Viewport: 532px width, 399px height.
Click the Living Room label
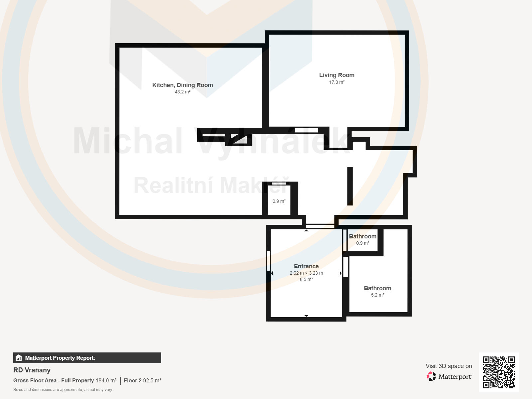point(336,75)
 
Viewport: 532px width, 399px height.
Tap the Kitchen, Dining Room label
point(183,85)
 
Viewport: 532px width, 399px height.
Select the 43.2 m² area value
point(183,92)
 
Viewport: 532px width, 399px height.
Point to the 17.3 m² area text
point(336,82)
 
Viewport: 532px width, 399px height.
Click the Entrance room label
point(306,266)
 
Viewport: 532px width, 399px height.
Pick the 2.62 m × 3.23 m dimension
point(306,273)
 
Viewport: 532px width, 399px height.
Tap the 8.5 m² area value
point(306,279)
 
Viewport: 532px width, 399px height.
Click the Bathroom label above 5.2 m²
point(377,288)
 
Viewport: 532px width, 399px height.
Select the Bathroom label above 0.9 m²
point(362,236)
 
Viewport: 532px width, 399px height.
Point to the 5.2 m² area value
point(377,295)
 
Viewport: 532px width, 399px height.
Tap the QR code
point(498,372)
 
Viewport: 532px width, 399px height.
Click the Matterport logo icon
point(431,376)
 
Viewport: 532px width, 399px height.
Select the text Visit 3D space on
point(449,366)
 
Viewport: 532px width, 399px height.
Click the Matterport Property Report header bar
point(87,358)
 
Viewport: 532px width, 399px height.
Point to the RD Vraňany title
point(32,370)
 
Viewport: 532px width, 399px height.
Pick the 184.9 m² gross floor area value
point(106,381)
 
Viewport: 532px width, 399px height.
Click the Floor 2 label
point(133,381)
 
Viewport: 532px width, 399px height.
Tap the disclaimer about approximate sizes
point(63,390)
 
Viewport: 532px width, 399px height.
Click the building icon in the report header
point(19,358)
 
